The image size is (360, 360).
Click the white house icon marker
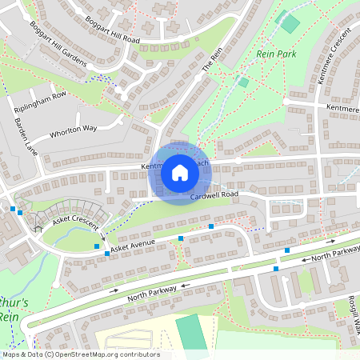[x=179, y=172]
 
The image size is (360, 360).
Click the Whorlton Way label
[x=73, y=130]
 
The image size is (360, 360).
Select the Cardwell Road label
[x=215, y=194]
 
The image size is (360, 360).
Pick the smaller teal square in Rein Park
[x=242, y=81]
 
